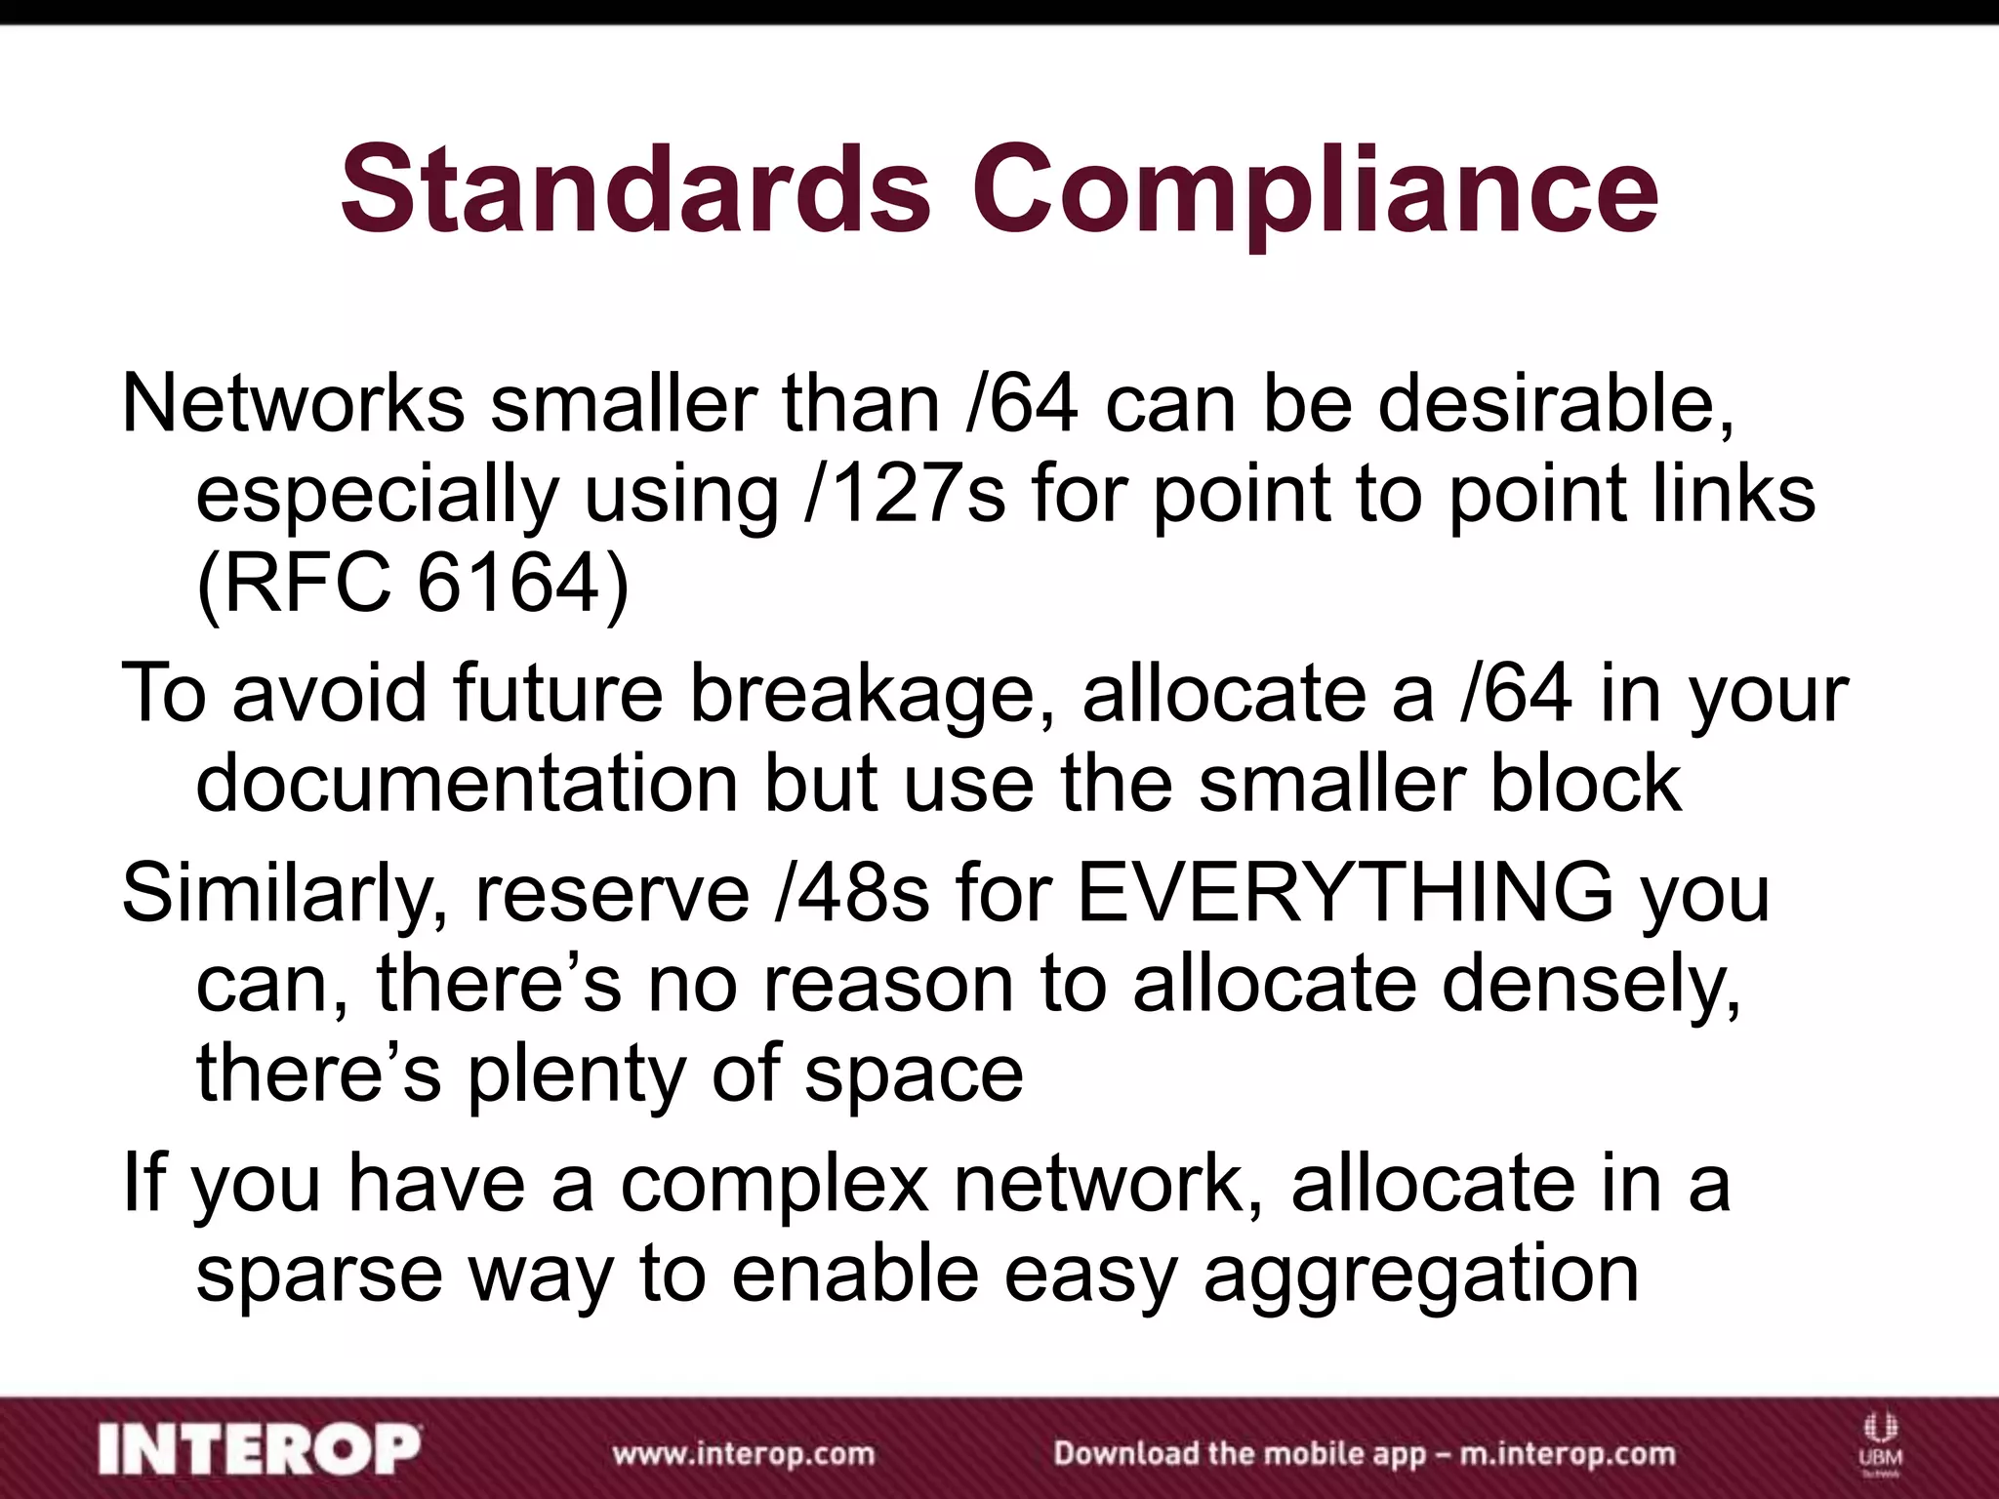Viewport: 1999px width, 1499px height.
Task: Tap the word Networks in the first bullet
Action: coord(293,403)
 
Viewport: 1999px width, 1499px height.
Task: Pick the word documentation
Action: coord(467,784)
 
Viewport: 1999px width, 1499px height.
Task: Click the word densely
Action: coord(1591,984)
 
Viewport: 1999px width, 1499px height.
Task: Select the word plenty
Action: coord(576,1074)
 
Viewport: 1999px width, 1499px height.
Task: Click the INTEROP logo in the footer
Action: coord(260,1450)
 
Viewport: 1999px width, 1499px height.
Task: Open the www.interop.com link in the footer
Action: coord(743,1454)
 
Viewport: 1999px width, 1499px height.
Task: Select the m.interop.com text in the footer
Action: coord(1567,1454)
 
